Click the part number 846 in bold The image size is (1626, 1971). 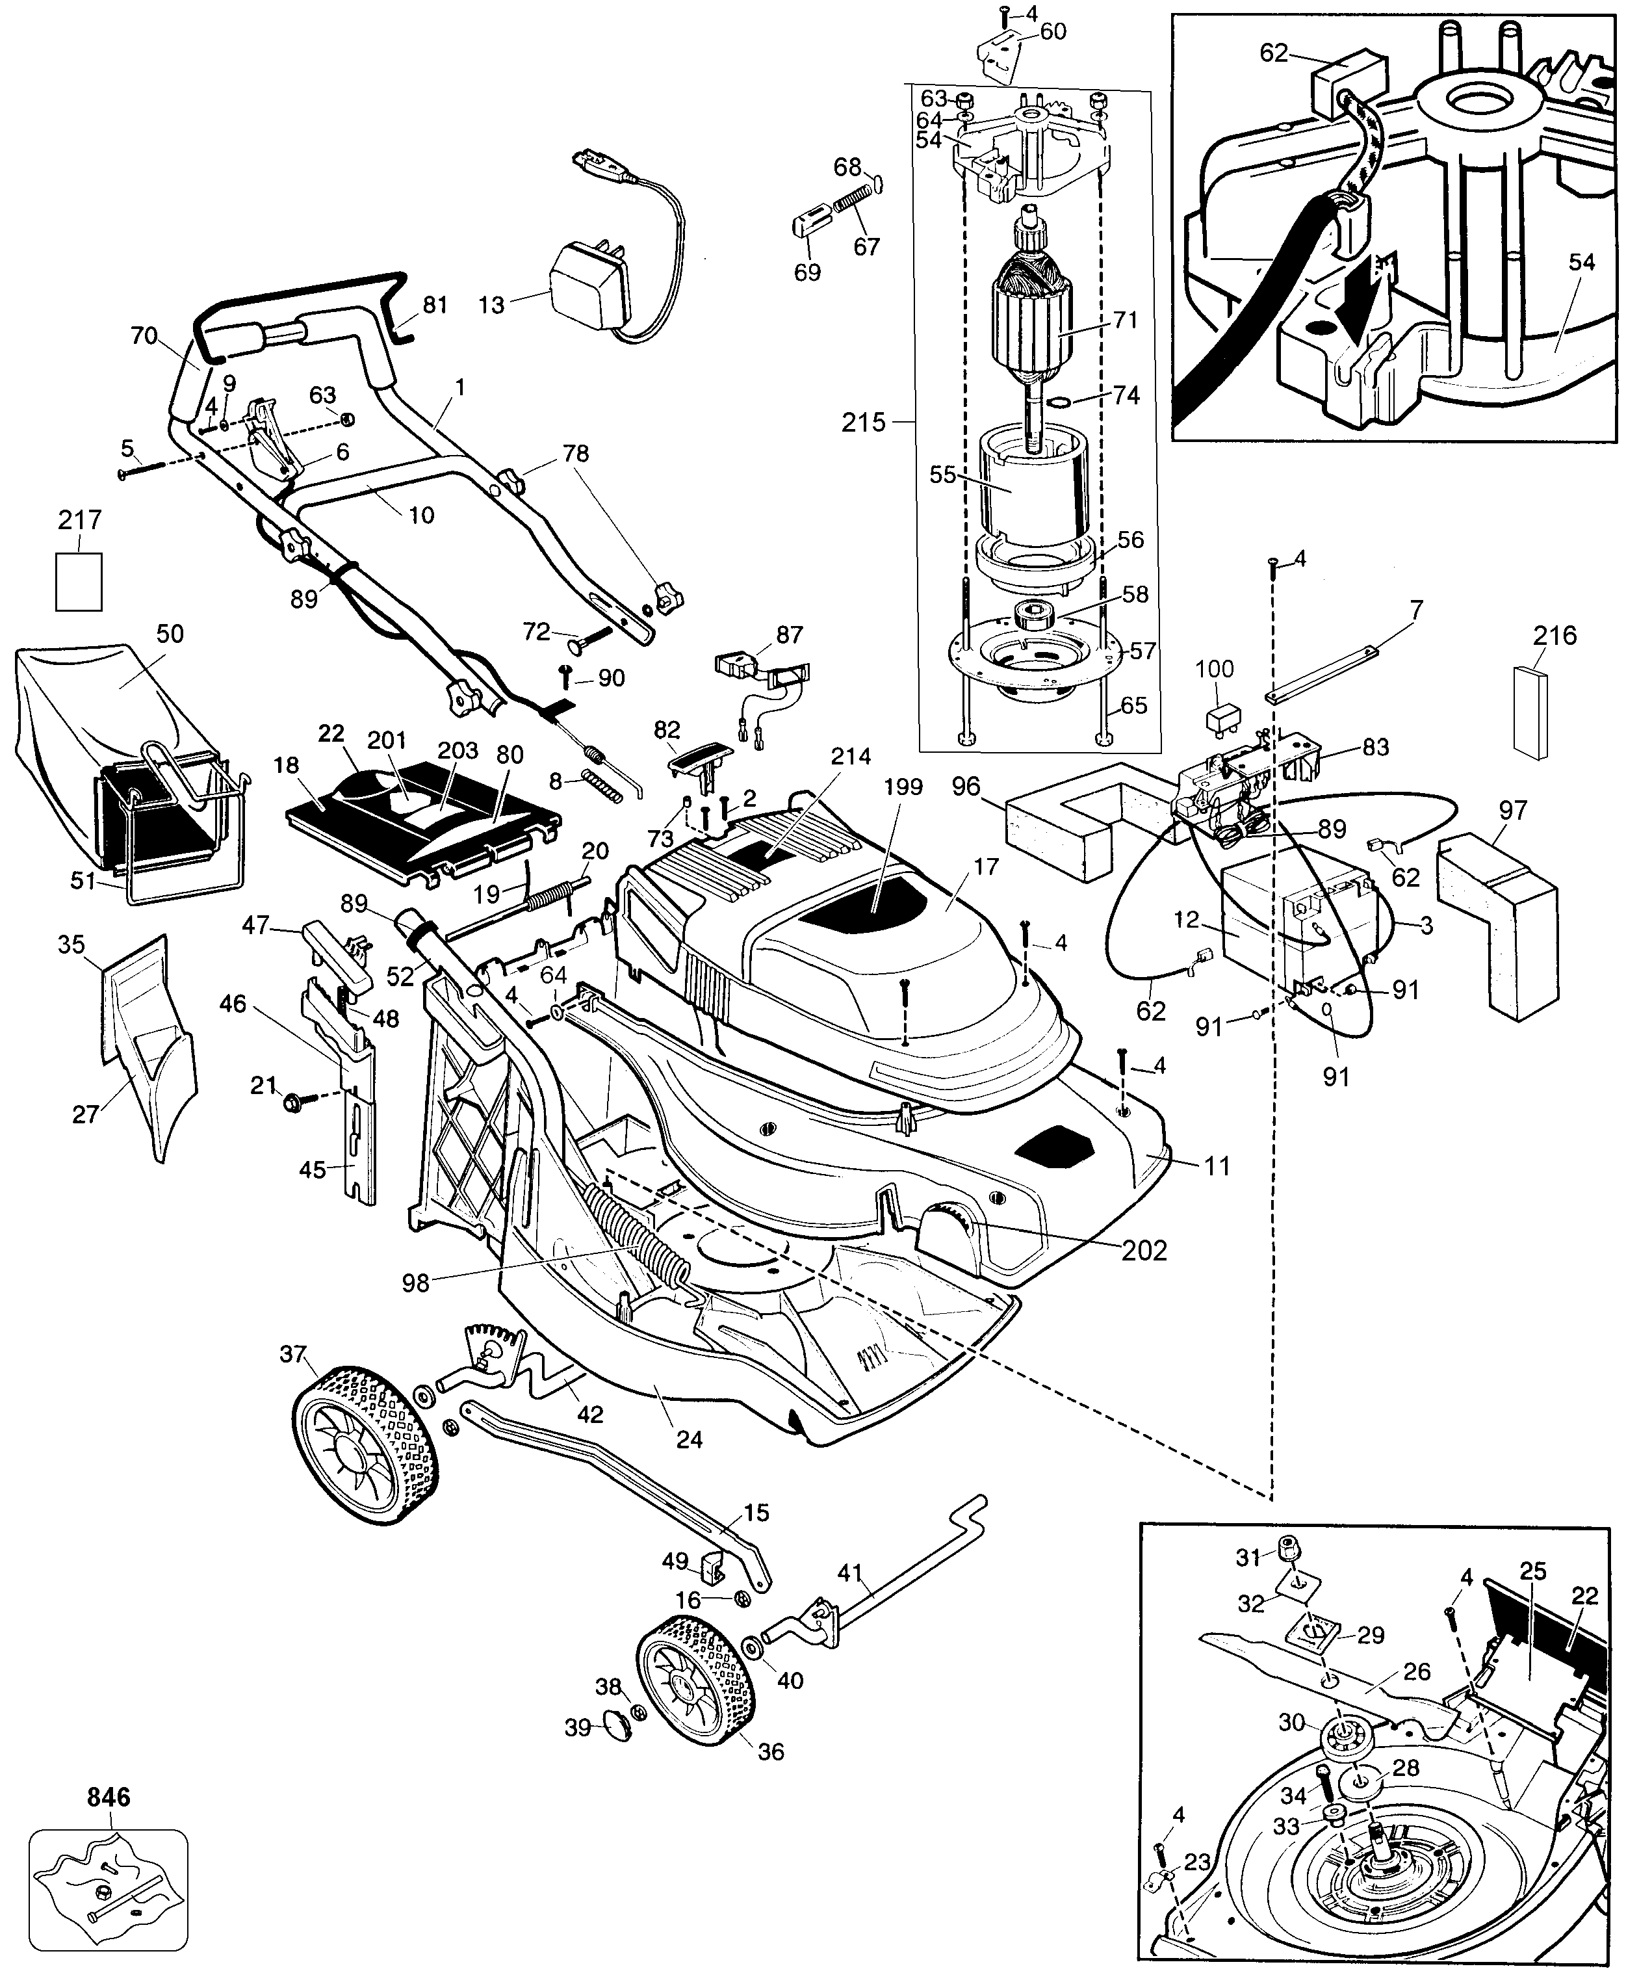(109, 1797)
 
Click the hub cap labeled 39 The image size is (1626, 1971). (614, 1722)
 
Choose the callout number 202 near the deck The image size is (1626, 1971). (1144, 1249)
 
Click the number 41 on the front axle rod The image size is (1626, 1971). (849, 1574)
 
